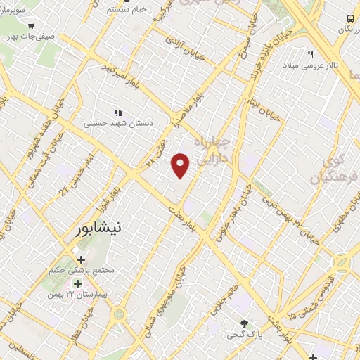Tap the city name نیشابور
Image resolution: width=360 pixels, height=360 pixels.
(102, 229)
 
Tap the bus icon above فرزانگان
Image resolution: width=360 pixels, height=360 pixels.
(349, 18)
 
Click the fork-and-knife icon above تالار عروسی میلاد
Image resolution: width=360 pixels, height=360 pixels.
(309, 54)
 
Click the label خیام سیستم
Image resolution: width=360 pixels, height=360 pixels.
(126, 9)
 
